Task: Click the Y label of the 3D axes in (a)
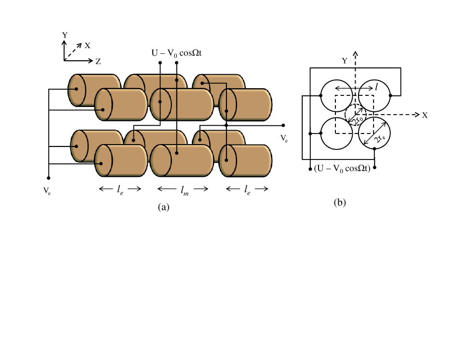(65, 35)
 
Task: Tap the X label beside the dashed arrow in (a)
(87, 45)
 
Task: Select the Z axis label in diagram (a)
(98, 62)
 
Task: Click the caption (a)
(164, 207)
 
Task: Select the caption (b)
(340, 202)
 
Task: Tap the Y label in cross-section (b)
(345, 61)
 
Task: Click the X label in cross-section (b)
(425, 115)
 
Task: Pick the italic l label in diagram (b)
(376, 87)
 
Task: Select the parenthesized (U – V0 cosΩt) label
(342, 169)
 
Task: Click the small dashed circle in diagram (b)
(356, 115)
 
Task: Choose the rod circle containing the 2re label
(374, 132)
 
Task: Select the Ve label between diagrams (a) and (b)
(284, 139)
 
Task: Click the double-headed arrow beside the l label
(354, 87)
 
